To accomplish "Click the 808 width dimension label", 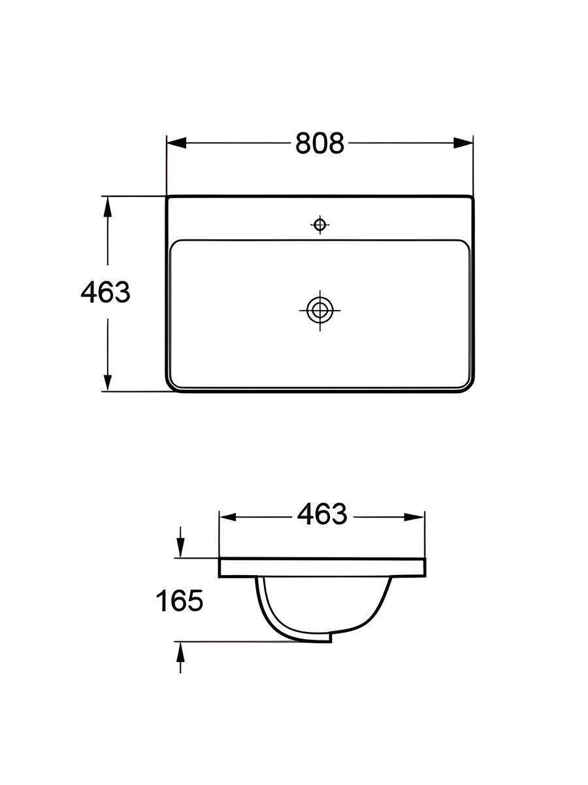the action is [x=319, y=143].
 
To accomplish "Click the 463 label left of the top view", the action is [x=105, y=292].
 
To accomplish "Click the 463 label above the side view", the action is [x=321, y=514].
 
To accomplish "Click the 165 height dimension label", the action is [x=179, y=600].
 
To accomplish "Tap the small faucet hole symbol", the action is [x=319, y=224].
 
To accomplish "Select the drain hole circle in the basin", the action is [x=319, y=310].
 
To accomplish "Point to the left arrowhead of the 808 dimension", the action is [x=176, y=143].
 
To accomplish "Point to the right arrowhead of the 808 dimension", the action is [x=463, y=143].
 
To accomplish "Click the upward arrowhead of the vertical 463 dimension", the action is [x=107, y=207].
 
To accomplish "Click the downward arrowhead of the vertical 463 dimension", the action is [x=107, y=381].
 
